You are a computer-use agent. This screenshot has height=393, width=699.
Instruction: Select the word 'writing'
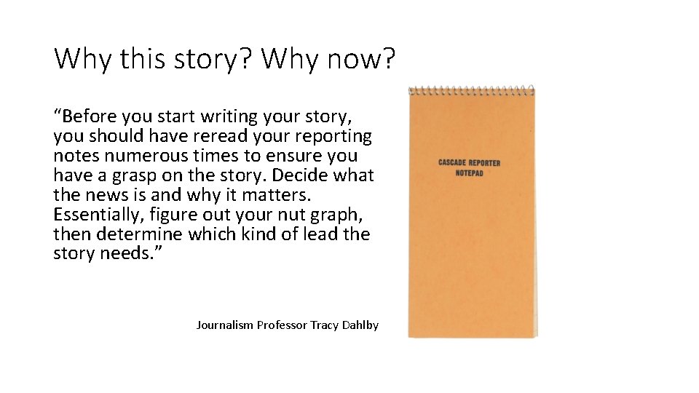232,116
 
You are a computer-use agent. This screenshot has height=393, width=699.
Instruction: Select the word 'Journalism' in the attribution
225,325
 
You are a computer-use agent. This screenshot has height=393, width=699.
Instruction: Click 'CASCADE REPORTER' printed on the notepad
470,163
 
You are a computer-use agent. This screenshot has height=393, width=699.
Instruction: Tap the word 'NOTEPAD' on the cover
470,173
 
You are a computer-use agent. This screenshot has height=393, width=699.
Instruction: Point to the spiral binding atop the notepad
471,91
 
